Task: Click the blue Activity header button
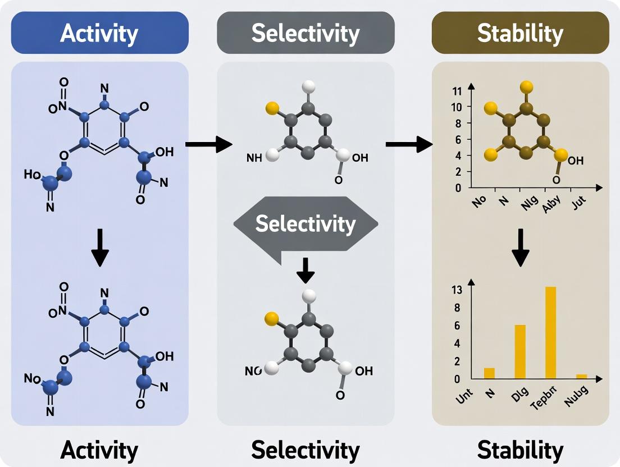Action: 99,33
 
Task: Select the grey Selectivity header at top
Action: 306,33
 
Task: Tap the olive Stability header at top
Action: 520,33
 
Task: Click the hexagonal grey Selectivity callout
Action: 306,225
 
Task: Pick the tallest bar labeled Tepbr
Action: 550,332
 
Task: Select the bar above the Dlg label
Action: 520,351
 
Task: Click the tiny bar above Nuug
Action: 582,376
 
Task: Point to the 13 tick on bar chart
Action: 456,290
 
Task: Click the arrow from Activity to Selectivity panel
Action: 208,144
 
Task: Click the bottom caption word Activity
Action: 99,450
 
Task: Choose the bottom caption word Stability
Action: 520,450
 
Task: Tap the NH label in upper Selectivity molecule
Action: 254,158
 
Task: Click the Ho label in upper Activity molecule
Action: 32,175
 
